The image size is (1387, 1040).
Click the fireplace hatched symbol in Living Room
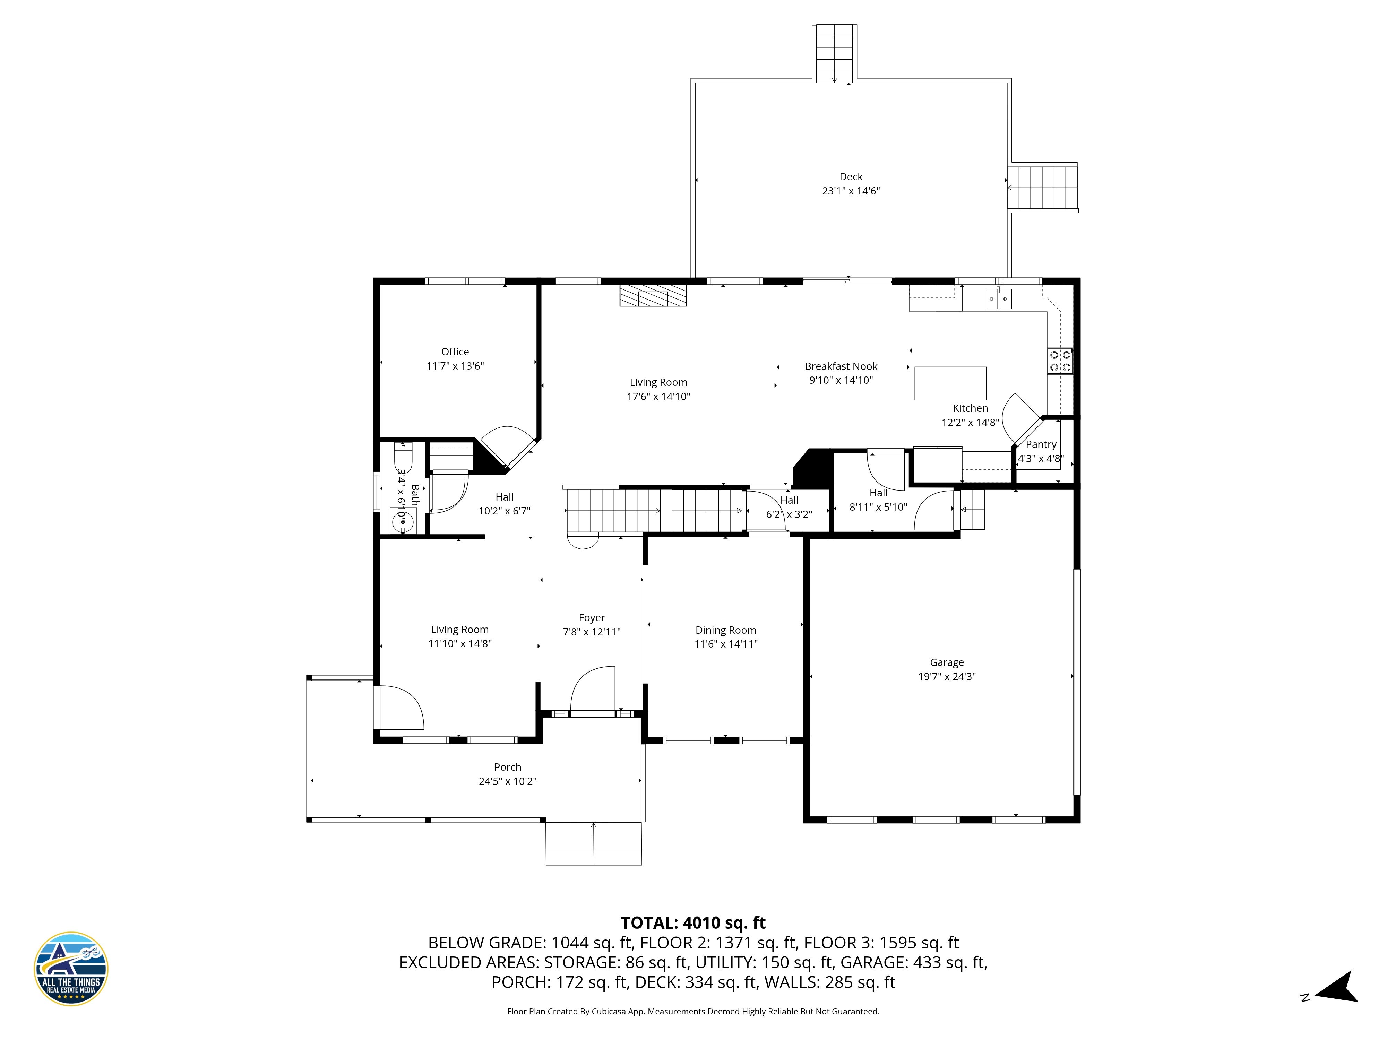click(653, 296)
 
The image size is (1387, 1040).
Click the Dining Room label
click(725, 630)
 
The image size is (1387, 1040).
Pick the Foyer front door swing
click(591, 690)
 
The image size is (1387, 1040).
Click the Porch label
click(507, 767)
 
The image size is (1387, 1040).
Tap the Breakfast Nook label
click(841, 366)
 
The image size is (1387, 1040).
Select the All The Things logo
click(71, 969)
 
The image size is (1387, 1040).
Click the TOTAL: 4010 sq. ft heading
click(693, 923)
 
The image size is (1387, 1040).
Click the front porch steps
click(593, 844)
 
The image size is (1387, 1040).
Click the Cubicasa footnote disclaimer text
click(693, 1011)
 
